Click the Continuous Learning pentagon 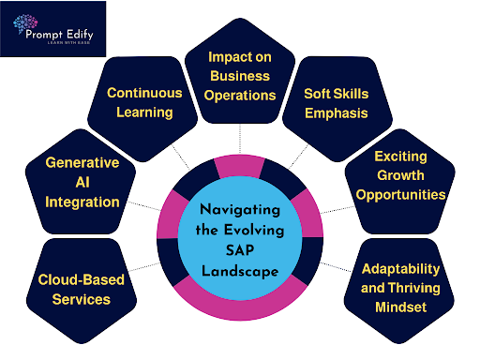tap(140, 103)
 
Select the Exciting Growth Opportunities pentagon tap(396, 174)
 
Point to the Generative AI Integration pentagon tap(82, 182)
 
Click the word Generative tap(82, 162)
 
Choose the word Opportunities tap(396, 194)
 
